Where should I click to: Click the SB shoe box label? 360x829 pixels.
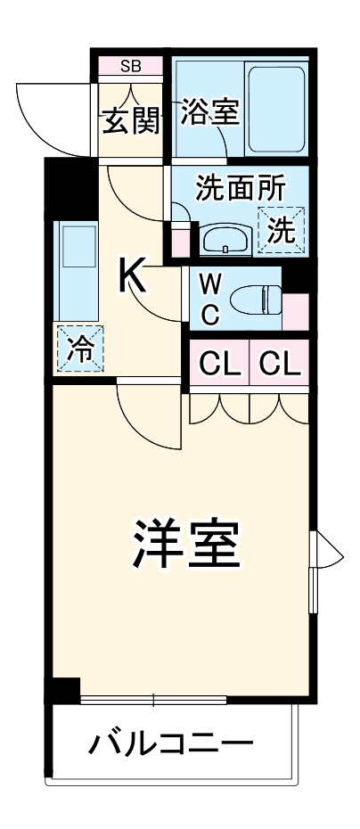(x=129, y=66)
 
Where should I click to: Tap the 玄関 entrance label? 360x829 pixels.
(x=129, y=120)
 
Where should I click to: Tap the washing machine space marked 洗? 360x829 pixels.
(x=282, y=230)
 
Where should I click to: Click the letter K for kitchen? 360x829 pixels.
(x=134, y=276)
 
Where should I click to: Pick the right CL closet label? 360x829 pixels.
(x=280, y=363)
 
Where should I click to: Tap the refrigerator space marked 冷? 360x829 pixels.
(x=81, y=349)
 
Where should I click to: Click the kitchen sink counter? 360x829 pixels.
(x=76, y=268)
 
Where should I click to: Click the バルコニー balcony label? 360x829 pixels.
(x=169, y=742)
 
